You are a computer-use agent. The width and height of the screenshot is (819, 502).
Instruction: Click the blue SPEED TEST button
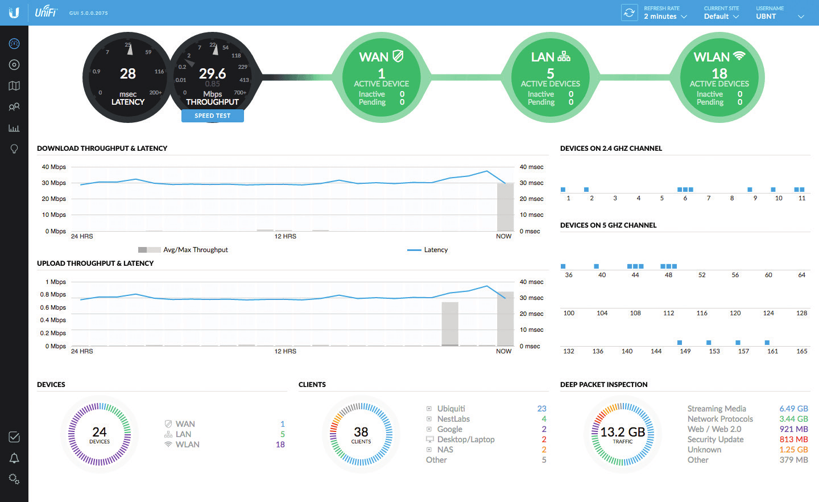(x=212, y=116)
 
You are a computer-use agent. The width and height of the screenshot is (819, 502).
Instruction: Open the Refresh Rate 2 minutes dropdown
(x=665, y=17)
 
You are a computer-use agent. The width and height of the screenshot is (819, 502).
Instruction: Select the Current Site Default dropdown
(x=721, y=17)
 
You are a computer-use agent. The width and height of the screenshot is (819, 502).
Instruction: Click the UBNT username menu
(x=779, y=17)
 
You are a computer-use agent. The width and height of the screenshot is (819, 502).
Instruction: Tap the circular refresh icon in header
(x=629, y=13)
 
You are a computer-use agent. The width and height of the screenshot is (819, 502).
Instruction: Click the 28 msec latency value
(x=128, y=74)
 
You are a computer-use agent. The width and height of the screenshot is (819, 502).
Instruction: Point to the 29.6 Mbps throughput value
(x=212, y=74)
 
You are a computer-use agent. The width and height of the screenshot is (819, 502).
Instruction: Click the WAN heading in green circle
(x=374, y=57)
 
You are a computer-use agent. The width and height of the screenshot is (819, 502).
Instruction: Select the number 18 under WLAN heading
(x=719, y=74)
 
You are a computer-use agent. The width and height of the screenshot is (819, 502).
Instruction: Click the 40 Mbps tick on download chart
(x=54, y=167)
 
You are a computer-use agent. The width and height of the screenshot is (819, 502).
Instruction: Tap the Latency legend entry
(x=435, y=250)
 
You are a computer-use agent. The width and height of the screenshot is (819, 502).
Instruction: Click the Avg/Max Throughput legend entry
(x=195, y=250)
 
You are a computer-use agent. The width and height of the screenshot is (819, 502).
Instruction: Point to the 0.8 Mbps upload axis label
(x=53, y=295)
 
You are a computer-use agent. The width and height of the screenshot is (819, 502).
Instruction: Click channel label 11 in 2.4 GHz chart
(x=801, y=199)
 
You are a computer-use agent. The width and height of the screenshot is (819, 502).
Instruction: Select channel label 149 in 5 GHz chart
(x=685, y=352)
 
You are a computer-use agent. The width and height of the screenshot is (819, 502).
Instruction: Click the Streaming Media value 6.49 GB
(x=793, y=409)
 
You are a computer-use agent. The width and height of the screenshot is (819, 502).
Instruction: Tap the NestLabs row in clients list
(x=453, y=419)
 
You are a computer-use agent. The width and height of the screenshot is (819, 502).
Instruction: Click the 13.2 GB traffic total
(x=622, y=433)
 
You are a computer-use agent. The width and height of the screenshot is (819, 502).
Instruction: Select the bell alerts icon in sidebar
(x=14, y=458)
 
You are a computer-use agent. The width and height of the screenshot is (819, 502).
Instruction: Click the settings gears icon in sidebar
(x=14, y=479)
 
